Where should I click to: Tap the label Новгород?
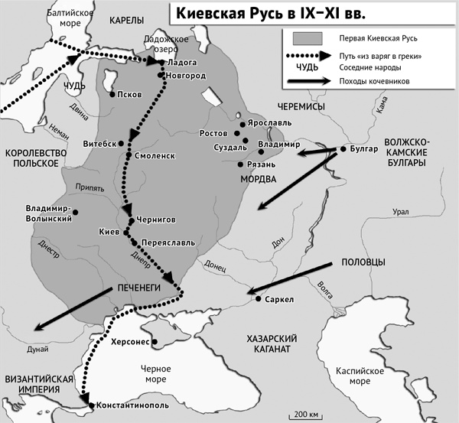(x=186, y=75)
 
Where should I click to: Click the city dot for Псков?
(x=112, y=95)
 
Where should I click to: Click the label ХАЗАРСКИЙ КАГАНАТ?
(x=266, y=343)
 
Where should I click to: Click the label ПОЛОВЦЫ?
(x=360, y=262)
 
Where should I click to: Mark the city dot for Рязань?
(x=241, y=164)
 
